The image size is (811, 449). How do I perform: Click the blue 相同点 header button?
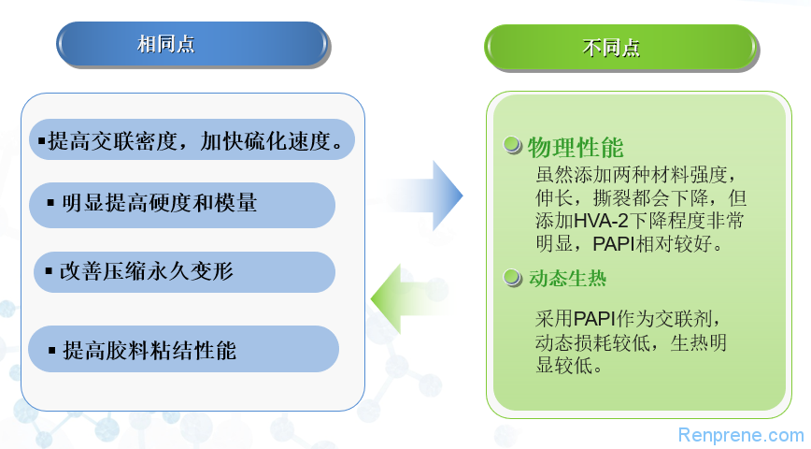pyautogui.click(x=192, y=44)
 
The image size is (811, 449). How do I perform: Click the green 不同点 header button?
pyautogui.click(x=620, y=47)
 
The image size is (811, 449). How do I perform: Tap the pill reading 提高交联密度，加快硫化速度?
pyautogui.click(x=192, y=139)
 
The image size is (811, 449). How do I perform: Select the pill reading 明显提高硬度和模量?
pyautogui.click(x=182, y=205)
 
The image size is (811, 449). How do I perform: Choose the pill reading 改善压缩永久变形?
pyautogui.click(x=184, y=272)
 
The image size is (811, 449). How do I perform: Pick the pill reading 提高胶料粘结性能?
pyautogui.click(x=184, y=349)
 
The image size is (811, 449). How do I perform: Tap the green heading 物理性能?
pyautogui.click(x=576, y=148)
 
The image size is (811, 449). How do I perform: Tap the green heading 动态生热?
pyautogui.click(x=567, y=279)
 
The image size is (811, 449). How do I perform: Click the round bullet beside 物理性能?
pyautogui.click(x=513, y=145)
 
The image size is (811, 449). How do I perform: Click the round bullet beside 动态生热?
pyautogui.click(x=513, y=278)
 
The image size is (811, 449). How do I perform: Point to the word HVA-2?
pyautogui.click(x=601, y=221)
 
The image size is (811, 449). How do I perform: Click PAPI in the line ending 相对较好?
pyautogui.click(x=614, y=243)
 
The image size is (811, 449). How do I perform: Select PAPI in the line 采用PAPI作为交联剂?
pyautogui.click(x=594, y=318)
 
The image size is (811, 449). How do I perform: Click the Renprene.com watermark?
pyautogui.click(x=741, y=435)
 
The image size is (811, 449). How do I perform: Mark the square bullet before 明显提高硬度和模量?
pyautogui.click(x=50, y=202)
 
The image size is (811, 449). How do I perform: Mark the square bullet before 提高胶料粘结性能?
pyautogui.click(x=51, y=350)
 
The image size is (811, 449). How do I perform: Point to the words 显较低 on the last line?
pyautogui.click(x=569, y=366)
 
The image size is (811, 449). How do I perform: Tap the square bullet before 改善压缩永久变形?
pyautogui.click(x=50, y=271)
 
